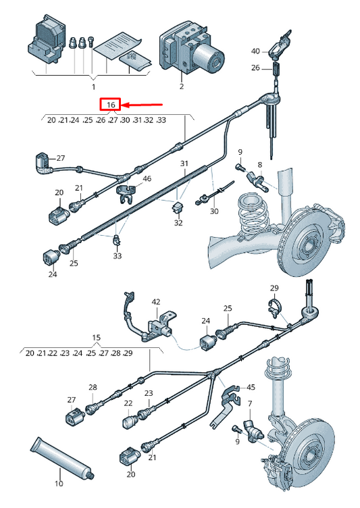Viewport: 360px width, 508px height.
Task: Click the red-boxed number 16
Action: pos(111,105)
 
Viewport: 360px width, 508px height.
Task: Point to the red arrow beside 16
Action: pos(142,105)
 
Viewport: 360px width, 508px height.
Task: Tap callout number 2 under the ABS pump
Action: pos(182,86)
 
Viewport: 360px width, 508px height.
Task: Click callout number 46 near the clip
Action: pos(147,178)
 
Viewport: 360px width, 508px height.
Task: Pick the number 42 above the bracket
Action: pos(156,301)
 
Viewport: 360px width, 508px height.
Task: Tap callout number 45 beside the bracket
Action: pos(251,387)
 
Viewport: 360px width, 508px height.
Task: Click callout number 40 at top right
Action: pos(256,51)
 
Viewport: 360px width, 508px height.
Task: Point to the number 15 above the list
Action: pos(96,337)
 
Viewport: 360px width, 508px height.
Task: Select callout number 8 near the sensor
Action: pos(260,165)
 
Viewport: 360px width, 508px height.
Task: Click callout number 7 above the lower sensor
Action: pos(250,403)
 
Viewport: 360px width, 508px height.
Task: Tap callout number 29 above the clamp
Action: pos(274,288)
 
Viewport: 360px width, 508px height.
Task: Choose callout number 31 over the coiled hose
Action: pos(184,163)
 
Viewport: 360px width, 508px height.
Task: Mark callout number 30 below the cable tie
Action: pos(214,211)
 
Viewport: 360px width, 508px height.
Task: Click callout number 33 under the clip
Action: pos(118,255)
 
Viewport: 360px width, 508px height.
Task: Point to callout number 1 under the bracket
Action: pos(94,87)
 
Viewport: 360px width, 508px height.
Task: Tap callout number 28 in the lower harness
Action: pos(93,387)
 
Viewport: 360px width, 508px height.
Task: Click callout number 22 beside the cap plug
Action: pos(128,403)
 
